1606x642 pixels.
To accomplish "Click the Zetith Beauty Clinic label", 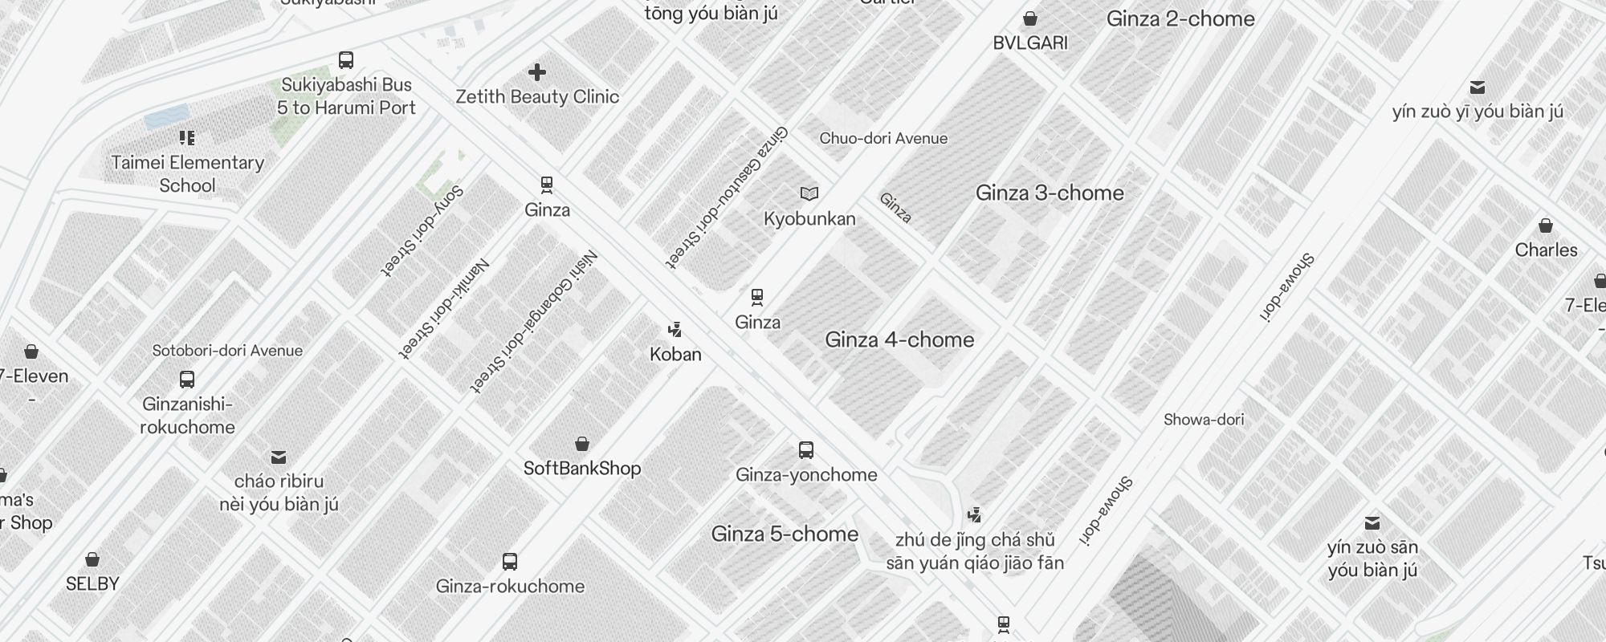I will click(x=537, y=97).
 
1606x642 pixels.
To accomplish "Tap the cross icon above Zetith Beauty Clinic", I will click(x=537, y=73).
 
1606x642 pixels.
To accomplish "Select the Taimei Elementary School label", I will click(x=187, y=174).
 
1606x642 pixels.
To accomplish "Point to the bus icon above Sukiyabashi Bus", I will click(x=346, y=60).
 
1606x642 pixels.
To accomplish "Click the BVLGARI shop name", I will click(x=1030, y=43).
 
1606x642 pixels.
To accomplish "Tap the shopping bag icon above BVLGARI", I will click(x=1030, y=18).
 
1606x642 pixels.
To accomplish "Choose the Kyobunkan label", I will click(x=809, y=219).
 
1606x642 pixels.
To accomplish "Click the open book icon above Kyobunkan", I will click(x=809, y=193).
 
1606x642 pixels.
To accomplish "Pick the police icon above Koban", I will click(x=675, y=329).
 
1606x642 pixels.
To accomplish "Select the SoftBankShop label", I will click(x=582, y=469).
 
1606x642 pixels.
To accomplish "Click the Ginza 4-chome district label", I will click(x=899, y=340).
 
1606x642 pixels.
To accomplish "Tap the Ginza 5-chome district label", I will click(x=785, y=534).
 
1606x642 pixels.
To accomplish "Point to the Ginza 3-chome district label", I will click(x=1050, y=193).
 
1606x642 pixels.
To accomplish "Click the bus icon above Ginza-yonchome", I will click(x=806, y=450).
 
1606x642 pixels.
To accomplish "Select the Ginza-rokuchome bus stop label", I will click(x=510, y=587).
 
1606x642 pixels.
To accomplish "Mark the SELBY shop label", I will click(x=92, y=584).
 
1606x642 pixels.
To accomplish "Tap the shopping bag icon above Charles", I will click(x=1546, y=226).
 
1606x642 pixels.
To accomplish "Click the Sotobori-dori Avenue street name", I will click(x=227, y=351).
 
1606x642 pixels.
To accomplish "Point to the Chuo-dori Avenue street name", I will click(x=883, y=139).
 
